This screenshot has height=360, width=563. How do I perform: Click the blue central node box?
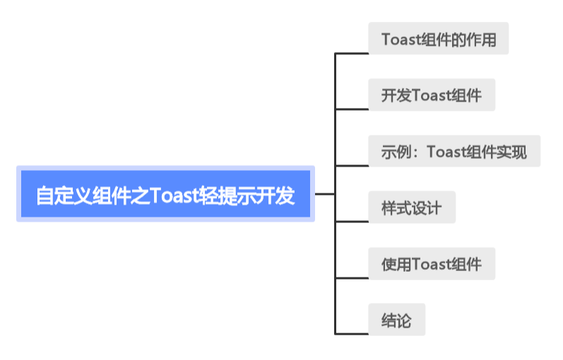[165, 194]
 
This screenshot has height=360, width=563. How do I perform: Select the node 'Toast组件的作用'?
[438, 39]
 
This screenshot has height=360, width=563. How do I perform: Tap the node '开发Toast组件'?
[431, 95]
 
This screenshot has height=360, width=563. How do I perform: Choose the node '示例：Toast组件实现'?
[454, 152]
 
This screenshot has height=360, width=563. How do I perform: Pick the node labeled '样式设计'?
[411, 208]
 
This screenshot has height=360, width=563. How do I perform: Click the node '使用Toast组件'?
[431, 264]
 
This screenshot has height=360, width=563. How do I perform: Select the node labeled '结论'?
[396, 320]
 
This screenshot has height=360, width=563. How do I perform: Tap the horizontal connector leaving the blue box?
[324, 193]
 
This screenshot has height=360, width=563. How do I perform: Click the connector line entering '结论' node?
[351, 332]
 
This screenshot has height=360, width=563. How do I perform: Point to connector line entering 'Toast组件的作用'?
[351, 53]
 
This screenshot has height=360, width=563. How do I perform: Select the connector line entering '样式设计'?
[351, 221]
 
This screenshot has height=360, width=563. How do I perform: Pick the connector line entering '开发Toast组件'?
[351, 109]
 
